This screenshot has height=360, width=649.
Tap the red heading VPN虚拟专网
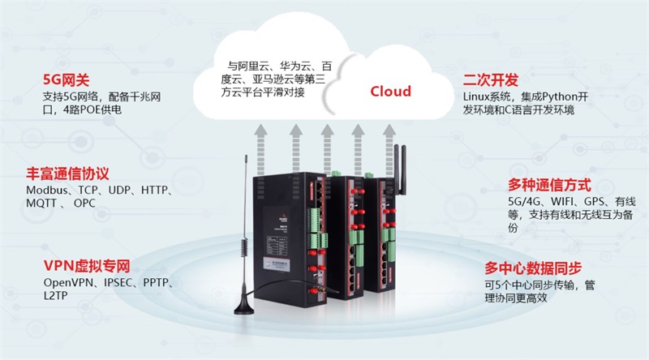click(x=87, y=267)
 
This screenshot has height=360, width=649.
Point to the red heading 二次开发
click(x=490, y=81)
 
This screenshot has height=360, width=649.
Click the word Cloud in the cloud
click(x=391, y=91)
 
